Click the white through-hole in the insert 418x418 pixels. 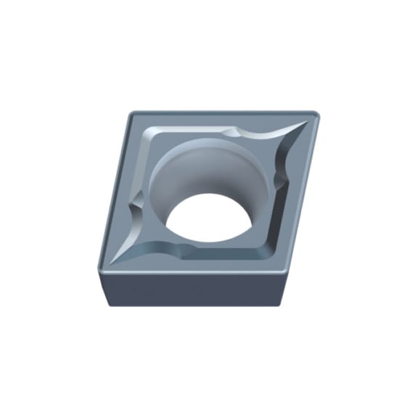(206, 217)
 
